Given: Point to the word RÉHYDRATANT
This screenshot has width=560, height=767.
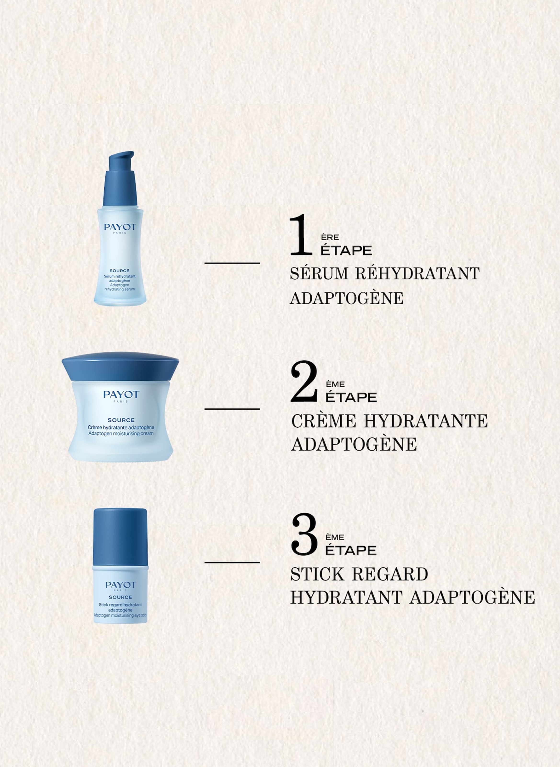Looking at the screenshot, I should click(417, 274).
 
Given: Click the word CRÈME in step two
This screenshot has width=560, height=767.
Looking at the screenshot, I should click(323, 421).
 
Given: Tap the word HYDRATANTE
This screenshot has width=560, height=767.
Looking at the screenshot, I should click(425, 421).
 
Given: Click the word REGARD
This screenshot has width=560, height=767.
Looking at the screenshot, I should click(390, 574).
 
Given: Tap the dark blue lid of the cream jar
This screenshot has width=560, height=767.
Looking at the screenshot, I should click(120, 366).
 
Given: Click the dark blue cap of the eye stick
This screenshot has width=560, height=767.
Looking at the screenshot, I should click(120, 536).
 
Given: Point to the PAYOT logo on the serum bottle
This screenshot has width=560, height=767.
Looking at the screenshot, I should click(120, 227).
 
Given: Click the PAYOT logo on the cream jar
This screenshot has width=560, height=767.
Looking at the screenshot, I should click(121, 394).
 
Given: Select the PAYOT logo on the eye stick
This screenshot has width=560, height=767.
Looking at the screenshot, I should click(120, 585).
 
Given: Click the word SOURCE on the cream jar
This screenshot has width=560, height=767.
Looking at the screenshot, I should click(121, 420).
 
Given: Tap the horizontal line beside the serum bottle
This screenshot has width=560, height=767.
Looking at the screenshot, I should click(232, 263).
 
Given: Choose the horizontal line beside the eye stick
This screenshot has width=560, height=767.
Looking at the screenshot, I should click(232, 563).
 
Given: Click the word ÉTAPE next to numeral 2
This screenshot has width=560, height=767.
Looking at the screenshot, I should click(351, 398).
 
